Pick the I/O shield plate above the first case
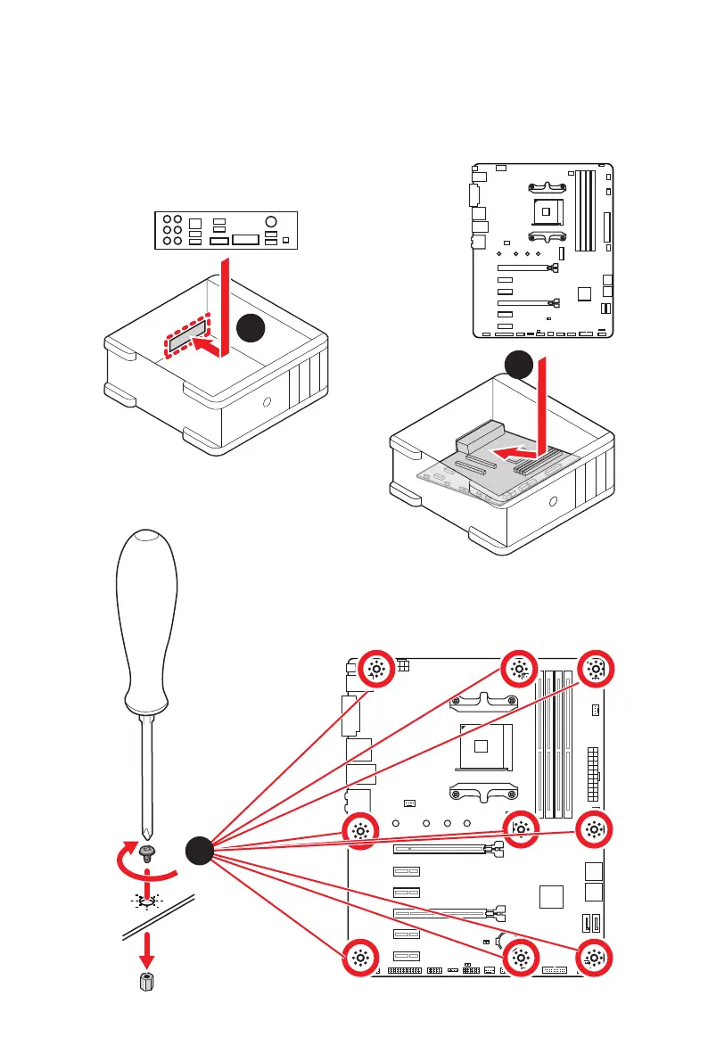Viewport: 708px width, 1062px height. tap(224, 231)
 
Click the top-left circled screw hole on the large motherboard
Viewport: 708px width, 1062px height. tap(375, 670)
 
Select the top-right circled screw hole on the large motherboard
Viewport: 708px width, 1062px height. tap(594, 670)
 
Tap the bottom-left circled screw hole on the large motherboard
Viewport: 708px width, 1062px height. tap(360, 959)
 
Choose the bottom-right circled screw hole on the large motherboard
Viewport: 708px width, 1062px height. tap(594, 959)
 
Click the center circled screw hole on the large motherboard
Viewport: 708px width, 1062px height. tap(520, 830)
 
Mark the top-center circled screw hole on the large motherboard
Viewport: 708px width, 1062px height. tap(520, 670)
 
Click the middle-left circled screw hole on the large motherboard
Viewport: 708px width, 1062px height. tap(360, 830)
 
